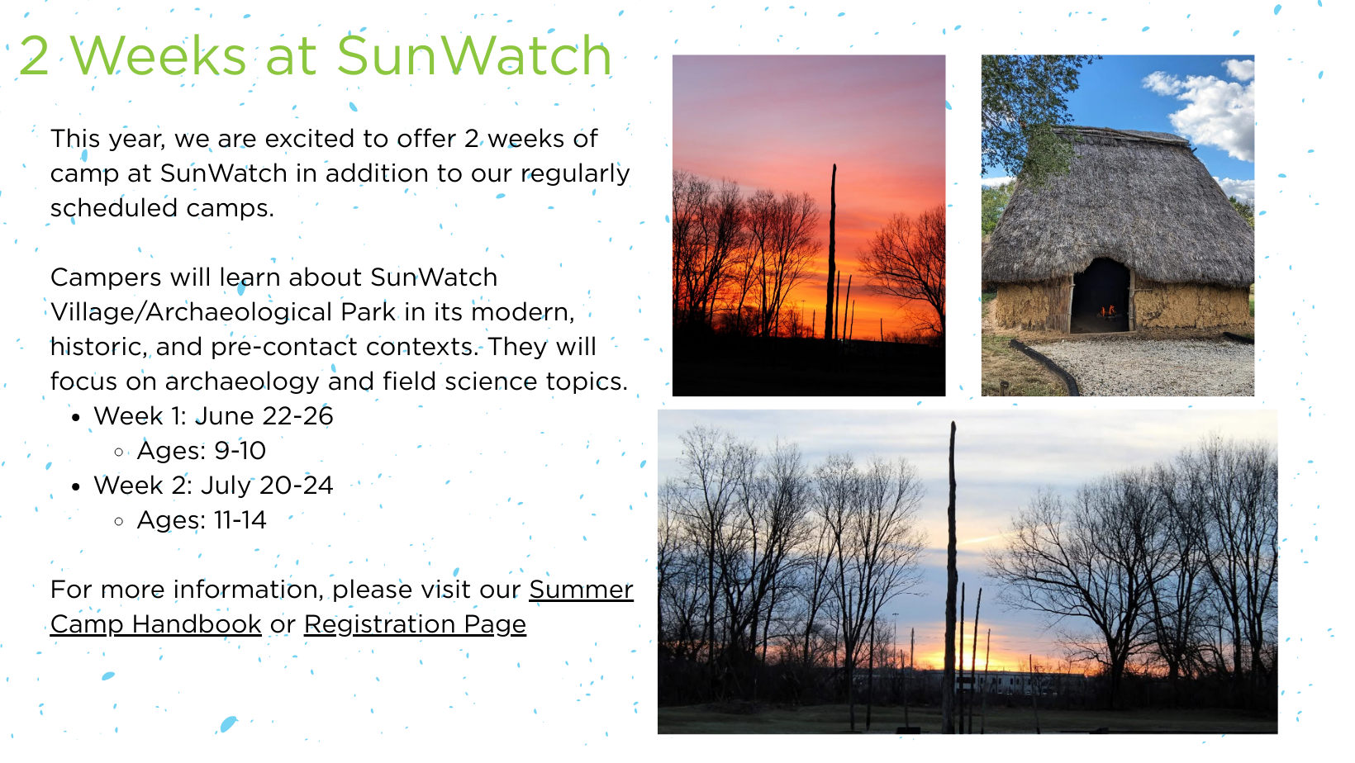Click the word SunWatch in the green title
tap(473, 55)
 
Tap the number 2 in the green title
tap(34, 55)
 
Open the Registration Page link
tap(415, 624)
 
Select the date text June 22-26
tap(264, 416)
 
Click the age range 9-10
tap(240, 451)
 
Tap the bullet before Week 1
tap(76, 417)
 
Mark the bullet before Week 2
tap(76, 486)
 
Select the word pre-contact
tap(283, 348)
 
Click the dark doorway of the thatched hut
tap(1101, 296)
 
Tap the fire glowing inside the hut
tap(1108, 311)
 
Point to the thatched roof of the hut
tap(1119, 206)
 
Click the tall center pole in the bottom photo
tap(952, 575)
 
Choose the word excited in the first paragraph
tap(310, 139)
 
